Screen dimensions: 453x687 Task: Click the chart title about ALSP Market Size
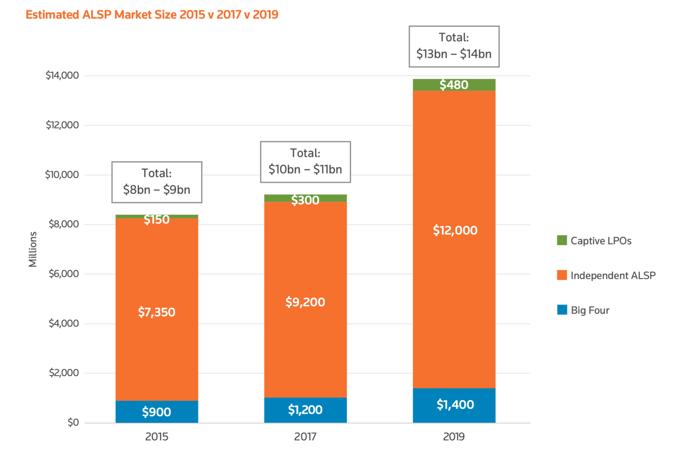click(152, 15)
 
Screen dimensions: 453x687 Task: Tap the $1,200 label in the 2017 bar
click(305, 410)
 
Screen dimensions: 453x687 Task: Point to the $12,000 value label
click(455, 231)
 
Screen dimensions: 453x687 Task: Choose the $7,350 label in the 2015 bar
click(156, 312)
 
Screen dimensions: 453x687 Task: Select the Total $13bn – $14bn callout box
click(454, 46)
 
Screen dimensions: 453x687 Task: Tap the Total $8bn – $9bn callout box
click(157, 182)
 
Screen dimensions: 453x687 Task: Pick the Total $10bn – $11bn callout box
click(305, 162)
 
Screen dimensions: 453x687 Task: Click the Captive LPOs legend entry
click(594, 241)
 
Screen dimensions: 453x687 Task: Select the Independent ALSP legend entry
click(606, 276)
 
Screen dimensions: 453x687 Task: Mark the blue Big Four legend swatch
click(562, 310)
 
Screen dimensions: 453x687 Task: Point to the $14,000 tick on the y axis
click(62, 76)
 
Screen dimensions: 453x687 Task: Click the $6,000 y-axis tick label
click(64, 274)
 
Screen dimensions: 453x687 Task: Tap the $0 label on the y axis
click(73, 423)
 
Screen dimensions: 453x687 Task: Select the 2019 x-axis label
click(454, 437)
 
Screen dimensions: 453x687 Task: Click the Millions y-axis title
click(33, 249)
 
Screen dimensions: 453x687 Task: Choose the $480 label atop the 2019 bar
click(454, 85)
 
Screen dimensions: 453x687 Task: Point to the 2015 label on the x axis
click(157, 437)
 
